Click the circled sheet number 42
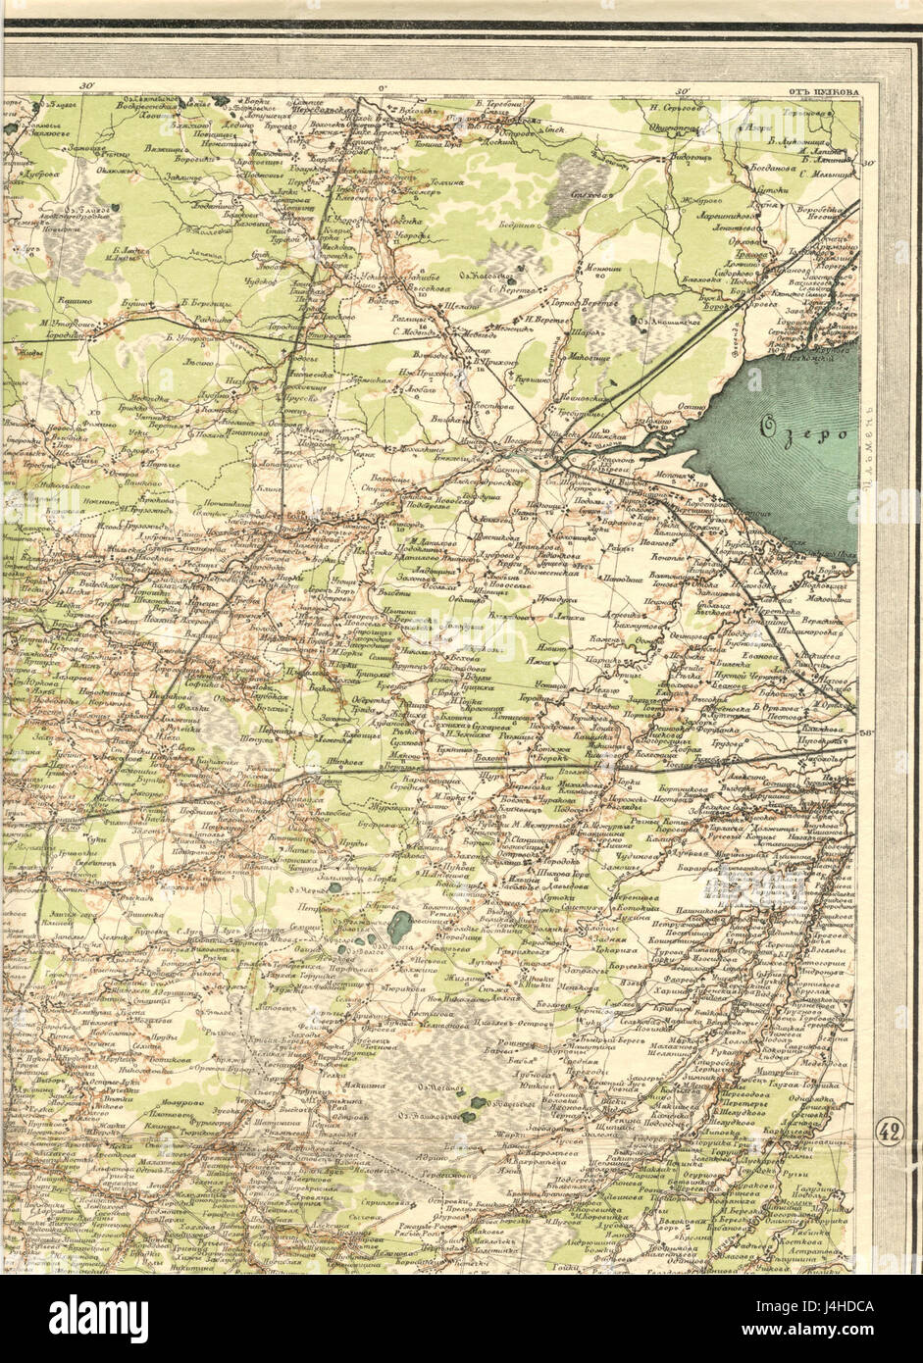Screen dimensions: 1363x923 [888, 1131]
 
